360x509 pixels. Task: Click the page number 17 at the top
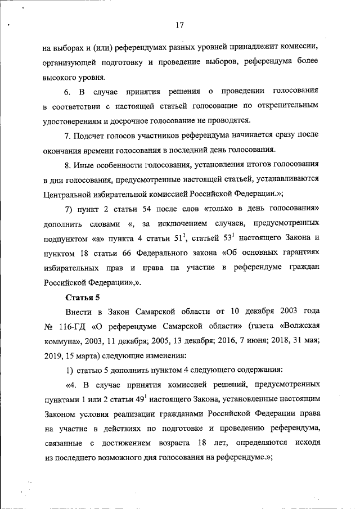click(180, 25)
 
